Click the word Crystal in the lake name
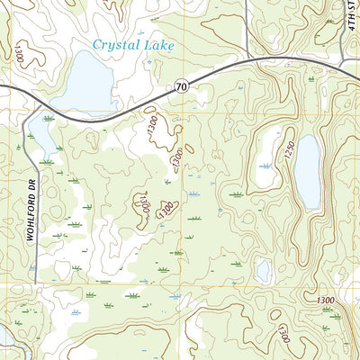coord(121,44)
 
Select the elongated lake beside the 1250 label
coord(308,171)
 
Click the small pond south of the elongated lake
coord(263,269)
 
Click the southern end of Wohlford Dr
coord(33,274)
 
